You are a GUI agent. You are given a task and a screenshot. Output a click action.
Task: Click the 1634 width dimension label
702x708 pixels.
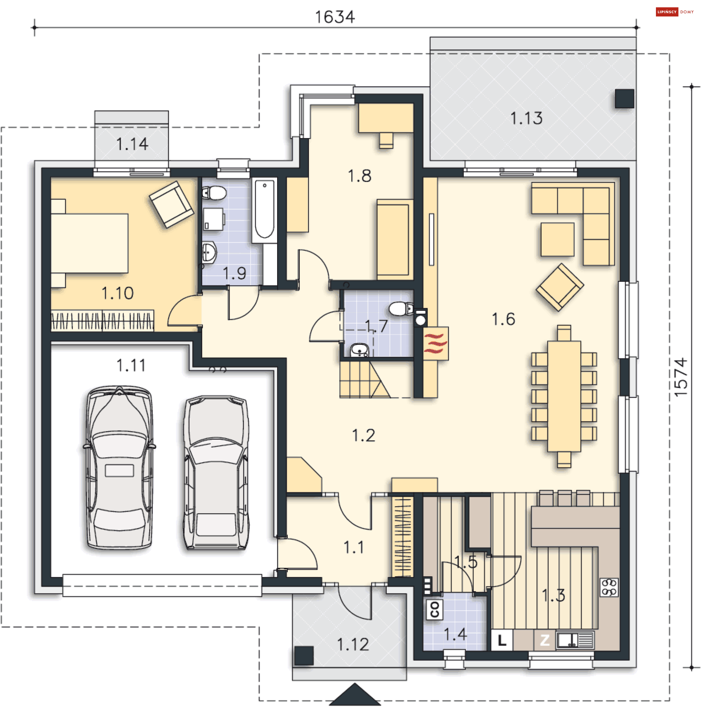tap(335, 17)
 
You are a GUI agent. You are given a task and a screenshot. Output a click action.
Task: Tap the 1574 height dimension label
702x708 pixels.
tap(680, 377)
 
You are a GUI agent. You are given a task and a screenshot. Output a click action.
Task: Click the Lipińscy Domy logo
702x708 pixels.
tap(674, 12)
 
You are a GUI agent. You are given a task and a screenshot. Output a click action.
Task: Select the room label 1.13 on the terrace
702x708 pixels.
tap(526, 118)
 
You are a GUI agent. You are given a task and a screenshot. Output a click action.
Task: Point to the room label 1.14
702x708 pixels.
tap(132, 144)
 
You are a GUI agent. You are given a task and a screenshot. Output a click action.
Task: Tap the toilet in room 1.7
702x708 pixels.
tap(401, 309)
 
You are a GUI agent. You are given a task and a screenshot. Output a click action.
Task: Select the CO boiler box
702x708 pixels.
tap(434, 610)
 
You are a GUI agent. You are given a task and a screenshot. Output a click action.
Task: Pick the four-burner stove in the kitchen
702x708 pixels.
tap(609, 588)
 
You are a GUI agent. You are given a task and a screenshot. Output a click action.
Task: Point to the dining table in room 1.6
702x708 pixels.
tap(564, 396)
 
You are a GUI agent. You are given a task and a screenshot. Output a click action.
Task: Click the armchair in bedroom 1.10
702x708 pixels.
tap(171, 204)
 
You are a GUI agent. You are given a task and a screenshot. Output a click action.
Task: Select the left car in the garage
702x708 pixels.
tap(119, 467)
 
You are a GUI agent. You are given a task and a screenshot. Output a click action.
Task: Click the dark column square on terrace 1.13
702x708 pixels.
tap(624, 98)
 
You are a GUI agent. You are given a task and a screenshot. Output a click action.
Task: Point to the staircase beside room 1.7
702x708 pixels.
tap(364, 379)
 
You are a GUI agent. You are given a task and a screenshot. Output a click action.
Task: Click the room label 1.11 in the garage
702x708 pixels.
tap(131, 365)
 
